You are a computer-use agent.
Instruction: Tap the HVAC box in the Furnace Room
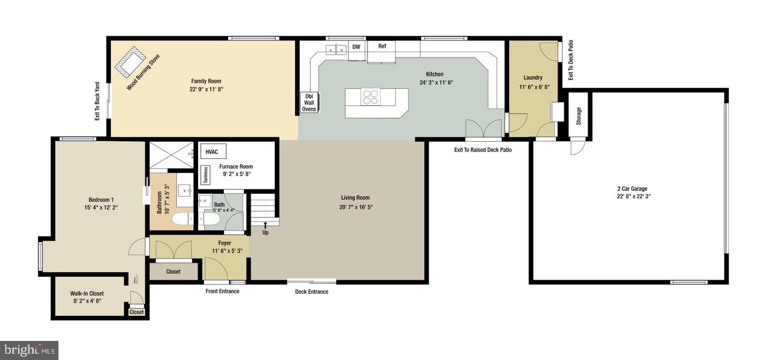(212, 152)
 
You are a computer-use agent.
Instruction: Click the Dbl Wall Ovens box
(309, 102)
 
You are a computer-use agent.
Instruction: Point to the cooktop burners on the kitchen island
(371, 96)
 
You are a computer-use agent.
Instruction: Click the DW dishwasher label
(356, 47)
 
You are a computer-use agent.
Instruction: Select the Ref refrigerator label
(382, 46)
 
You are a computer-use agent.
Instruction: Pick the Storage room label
(579, 116)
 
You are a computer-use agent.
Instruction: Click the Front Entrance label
(222, 291)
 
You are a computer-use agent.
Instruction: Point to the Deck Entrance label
(312, 292)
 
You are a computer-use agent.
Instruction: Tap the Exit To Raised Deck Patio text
(483, 150)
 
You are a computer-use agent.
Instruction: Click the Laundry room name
(533, 78)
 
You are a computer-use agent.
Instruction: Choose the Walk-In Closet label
(87, 293)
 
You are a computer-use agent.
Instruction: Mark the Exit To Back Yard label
(97, 101)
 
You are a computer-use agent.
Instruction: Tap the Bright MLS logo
(29, 350)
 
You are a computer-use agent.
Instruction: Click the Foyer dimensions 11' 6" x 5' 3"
(227, 251)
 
